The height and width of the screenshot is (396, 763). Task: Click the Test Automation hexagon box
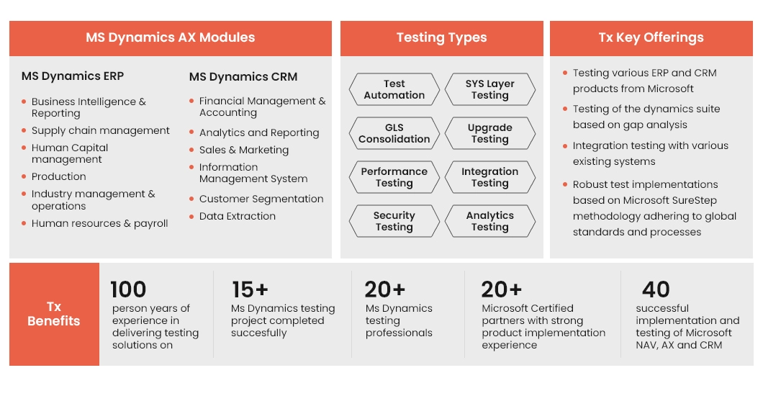point(394,89)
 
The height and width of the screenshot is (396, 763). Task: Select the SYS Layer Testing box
point(490,89)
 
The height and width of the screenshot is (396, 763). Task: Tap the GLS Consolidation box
point(394,133)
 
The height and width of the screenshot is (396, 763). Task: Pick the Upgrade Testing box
point(490,133)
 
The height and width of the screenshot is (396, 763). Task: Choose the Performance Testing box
point(394,177)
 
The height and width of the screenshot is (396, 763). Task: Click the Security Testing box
point(394,221)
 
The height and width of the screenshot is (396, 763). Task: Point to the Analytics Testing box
point(490,221)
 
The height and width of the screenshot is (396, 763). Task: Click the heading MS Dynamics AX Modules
point(171,37)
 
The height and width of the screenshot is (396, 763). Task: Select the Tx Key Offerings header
point(651,37)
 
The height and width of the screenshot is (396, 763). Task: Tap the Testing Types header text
point(441,37)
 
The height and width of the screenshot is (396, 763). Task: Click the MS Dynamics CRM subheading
point(243,77)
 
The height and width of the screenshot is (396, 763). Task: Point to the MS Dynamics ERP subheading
point(73,76)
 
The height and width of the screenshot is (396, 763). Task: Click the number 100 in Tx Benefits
point(128,289)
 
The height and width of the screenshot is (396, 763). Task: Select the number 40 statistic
point(656,289)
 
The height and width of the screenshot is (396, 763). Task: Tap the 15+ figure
point(250,289)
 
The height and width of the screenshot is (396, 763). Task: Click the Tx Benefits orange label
point(54,314)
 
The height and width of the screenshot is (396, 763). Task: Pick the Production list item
point(59,176)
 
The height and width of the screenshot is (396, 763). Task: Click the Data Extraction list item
point(238,216)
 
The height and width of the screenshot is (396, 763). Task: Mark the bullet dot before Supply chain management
point(24,130)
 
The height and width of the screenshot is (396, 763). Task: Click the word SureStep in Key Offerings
point(694,200)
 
